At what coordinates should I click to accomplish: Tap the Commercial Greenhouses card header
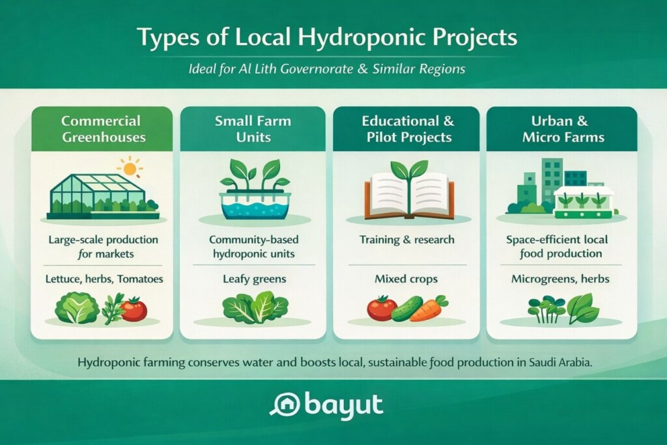[101, 129]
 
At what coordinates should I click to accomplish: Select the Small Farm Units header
[253, 129]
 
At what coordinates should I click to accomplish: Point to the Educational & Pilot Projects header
[405, 129]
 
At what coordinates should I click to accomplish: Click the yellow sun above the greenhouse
[130, 168]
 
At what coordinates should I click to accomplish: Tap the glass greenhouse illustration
[98, 193]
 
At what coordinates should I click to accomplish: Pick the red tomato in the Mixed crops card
[381, 307]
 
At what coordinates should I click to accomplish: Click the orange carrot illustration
[431, 309]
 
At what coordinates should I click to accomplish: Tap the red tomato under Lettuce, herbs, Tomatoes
[134, 308]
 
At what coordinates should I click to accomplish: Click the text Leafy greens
[253, 279]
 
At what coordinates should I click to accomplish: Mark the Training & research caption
[406, 240]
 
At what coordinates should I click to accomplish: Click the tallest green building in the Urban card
[552, 179]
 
